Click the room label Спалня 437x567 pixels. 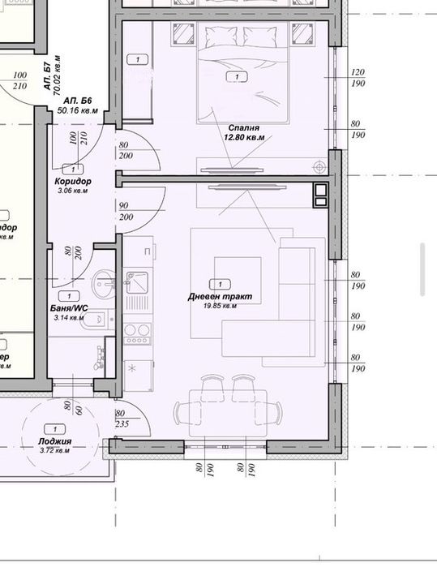[x=244, y=127]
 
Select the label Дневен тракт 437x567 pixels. [x=219, y=297]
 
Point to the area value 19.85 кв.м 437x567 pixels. [x=219, y=307]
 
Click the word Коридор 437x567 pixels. [x=73, y=181]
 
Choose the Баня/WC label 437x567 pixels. [x=69, y=309]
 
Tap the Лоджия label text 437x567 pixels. [x=55, y=441]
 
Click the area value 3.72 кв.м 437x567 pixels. [x=55, y=450]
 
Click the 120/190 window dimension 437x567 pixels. [x=358, y=78]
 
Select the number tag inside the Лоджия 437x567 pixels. [x=54, y=428]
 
